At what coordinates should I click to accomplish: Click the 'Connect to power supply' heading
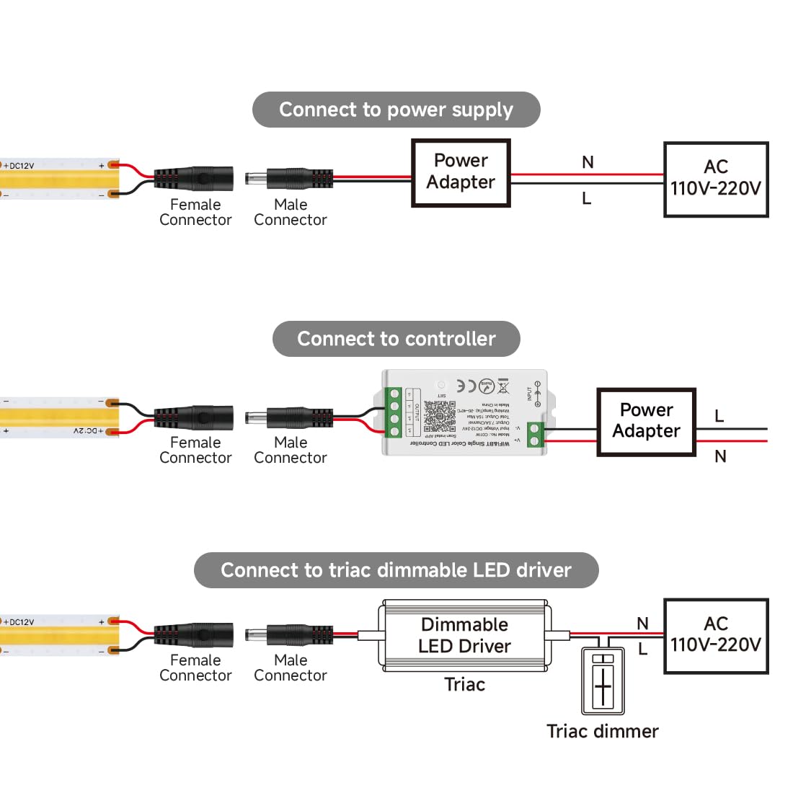tap(396, 110)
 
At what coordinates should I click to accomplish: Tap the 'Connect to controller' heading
tap(396, 339)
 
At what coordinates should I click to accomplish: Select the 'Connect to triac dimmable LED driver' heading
tap(396, 570)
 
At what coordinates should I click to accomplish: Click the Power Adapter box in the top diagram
tap(461, 172)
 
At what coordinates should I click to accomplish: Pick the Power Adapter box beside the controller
tap(646, 421)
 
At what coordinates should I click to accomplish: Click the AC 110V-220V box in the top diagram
tap(715, 179)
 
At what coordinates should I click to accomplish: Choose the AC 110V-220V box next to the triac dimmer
tap(715, 635)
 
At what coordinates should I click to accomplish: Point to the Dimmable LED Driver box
tap(464, 635)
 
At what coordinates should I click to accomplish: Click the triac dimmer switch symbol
tap(603, 681)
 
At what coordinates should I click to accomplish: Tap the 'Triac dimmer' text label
tap(603, 731)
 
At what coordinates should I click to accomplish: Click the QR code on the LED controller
tap(440, 415)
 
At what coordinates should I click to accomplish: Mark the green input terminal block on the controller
tap(536, 434)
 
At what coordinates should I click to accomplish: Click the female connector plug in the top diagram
tap(193, 177)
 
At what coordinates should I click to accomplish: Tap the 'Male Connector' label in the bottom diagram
tap(291, 668)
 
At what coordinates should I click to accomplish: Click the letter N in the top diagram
tap(588, 163)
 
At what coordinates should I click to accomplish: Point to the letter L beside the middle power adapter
tap(719, 417)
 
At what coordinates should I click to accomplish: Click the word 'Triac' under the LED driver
tap(464, 684)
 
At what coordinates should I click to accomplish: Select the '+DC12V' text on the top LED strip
tap(19, 166)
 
